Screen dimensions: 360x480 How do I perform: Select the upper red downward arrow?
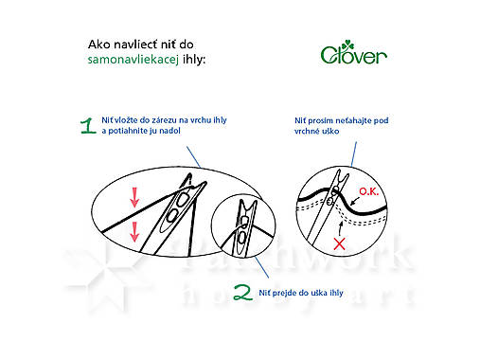click(x=134, y=196)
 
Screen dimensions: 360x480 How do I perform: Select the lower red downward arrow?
click(x=134, y=229)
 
